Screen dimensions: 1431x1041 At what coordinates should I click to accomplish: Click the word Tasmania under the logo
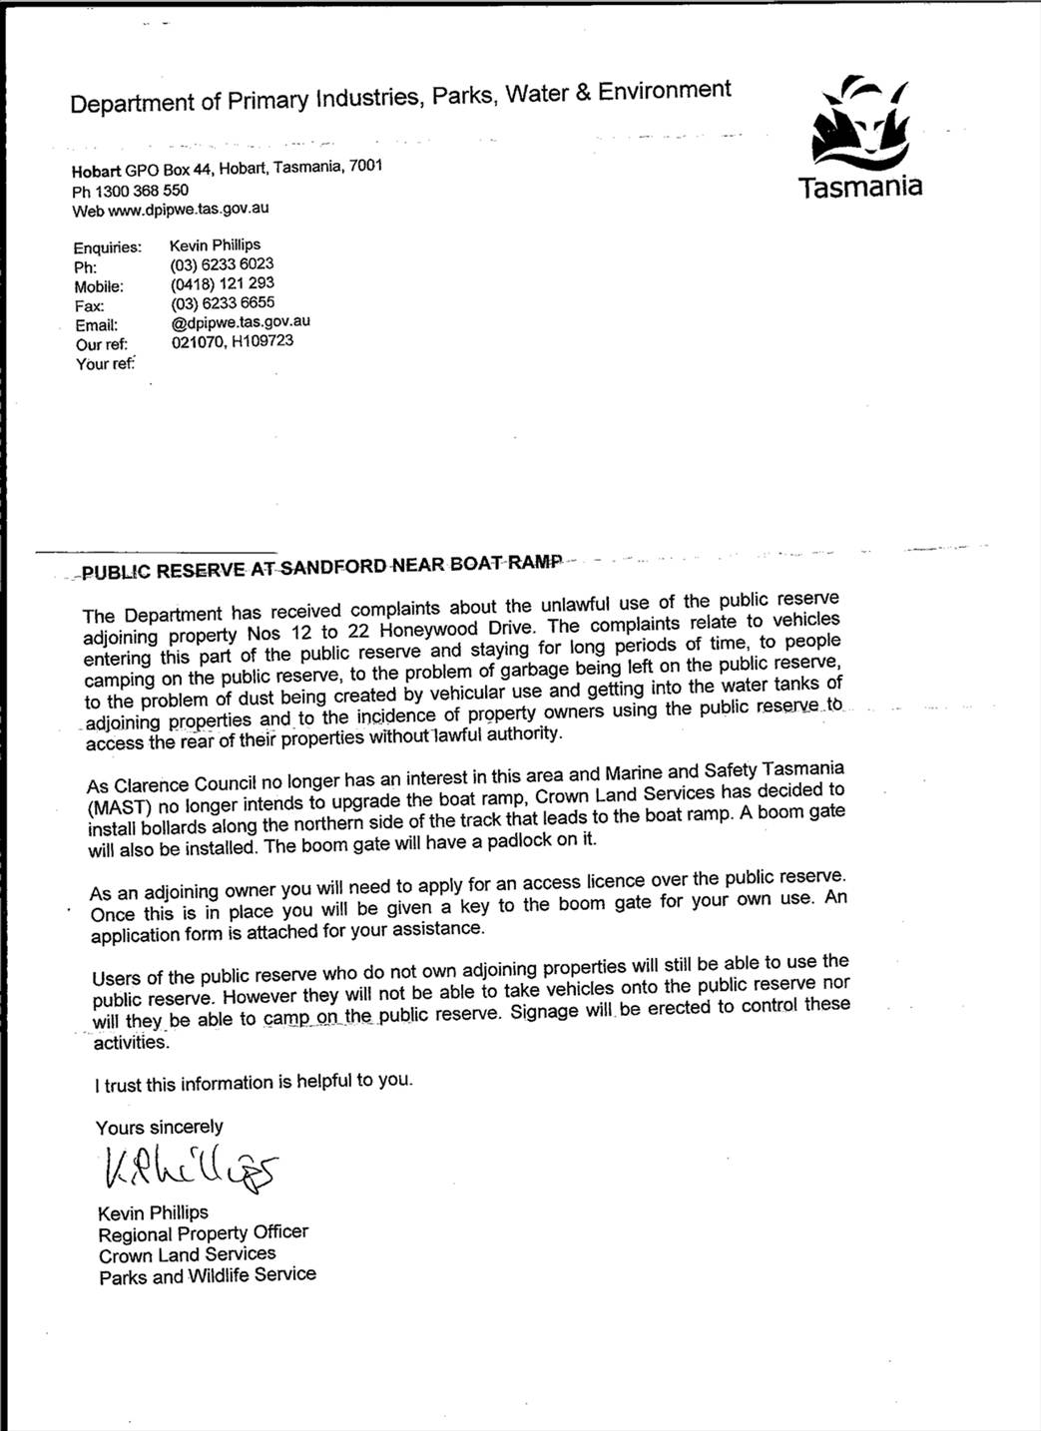[x=860, y=187]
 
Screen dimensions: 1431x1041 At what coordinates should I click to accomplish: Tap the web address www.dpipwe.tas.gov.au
[x=188, y=210]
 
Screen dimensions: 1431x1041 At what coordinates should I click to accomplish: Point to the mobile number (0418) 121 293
[x=222, y=283]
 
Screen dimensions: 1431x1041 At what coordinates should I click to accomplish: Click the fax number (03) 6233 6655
[x=222, y=302]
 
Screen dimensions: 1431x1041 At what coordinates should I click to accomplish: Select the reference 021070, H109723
[x=232, y=341]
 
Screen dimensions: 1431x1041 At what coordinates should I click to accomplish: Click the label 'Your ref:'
[x=105, y=364]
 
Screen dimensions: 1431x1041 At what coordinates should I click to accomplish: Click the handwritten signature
[x=189, y=1168]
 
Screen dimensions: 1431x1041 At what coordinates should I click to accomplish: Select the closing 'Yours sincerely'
[x=160, y=1127]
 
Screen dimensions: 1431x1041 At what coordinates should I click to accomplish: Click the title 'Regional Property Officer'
[x=204, y=1232]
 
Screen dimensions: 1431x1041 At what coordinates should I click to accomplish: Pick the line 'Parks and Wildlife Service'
[x=208, y=1275]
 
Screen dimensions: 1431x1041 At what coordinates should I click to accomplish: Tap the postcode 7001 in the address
[x=365, y=166]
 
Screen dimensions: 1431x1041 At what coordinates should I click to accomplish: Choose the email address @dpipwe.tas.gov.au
[x=240, y=321]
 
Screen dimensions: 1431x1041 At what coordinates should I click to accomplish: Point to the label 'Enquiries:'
[x=107, y=247]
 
